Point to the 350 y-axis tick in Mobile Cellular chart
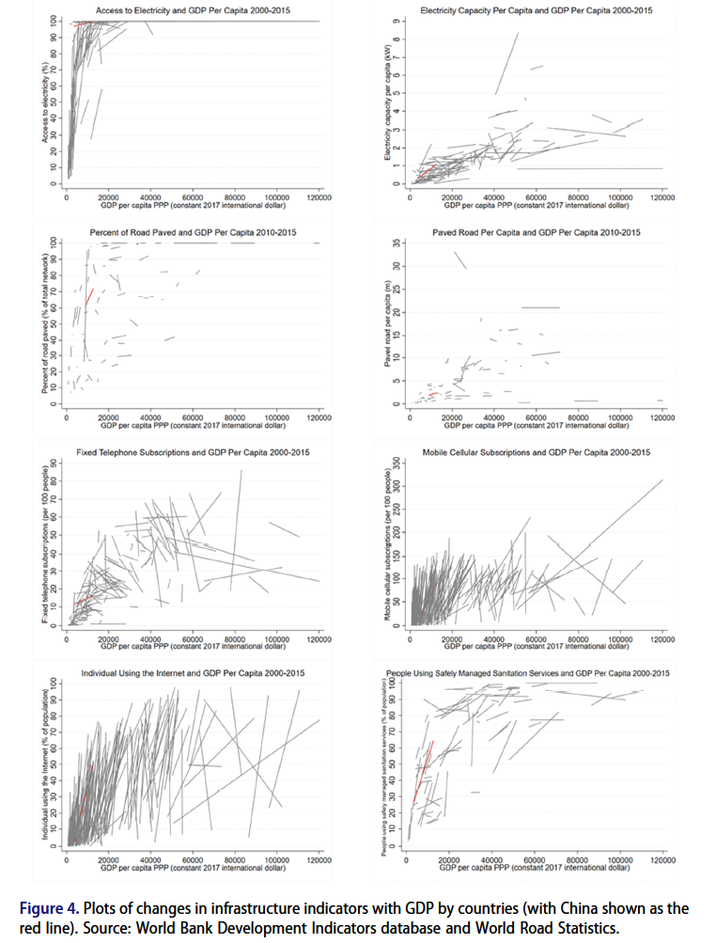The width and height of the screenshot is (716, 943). point(398,464)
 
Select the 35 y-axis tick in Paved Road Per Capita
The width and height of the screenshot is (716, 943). point(398,243)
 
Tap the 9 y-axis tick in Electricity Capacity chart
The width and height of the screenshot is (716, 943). point(398,21)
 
